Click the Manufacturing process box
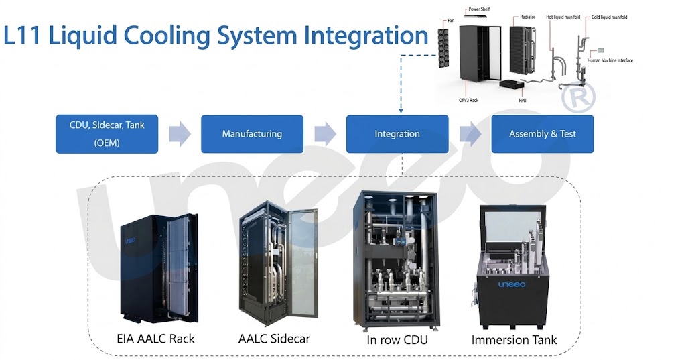point(252,134)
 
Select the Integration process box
point(397,134)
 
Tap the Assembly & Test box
point(543,134)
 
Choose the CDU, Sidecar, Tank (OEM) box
point(107,134)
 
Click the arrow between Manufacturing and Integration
point(325,133)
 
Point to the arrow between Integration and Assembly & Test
point(470,133)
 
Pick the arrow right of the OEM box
point(180,133)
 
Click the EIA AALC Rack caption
point(155,339)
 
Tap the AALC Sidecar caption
point(274,339)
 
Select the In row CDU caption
point(397,340)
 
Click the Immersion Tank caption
point(514,340)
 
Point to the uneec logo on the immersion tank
point(512,285)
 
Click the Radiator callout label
point(528,17)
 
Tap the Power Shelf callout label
point(479,9)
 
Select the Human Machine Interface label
point(610,60)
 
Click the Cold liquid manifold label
point(609,17)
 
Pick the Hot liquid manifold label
point(563,17)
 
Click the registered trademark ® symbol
point(578,97)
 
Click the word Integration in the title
point(366,36)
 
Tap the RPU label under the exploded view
point(523,101)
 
